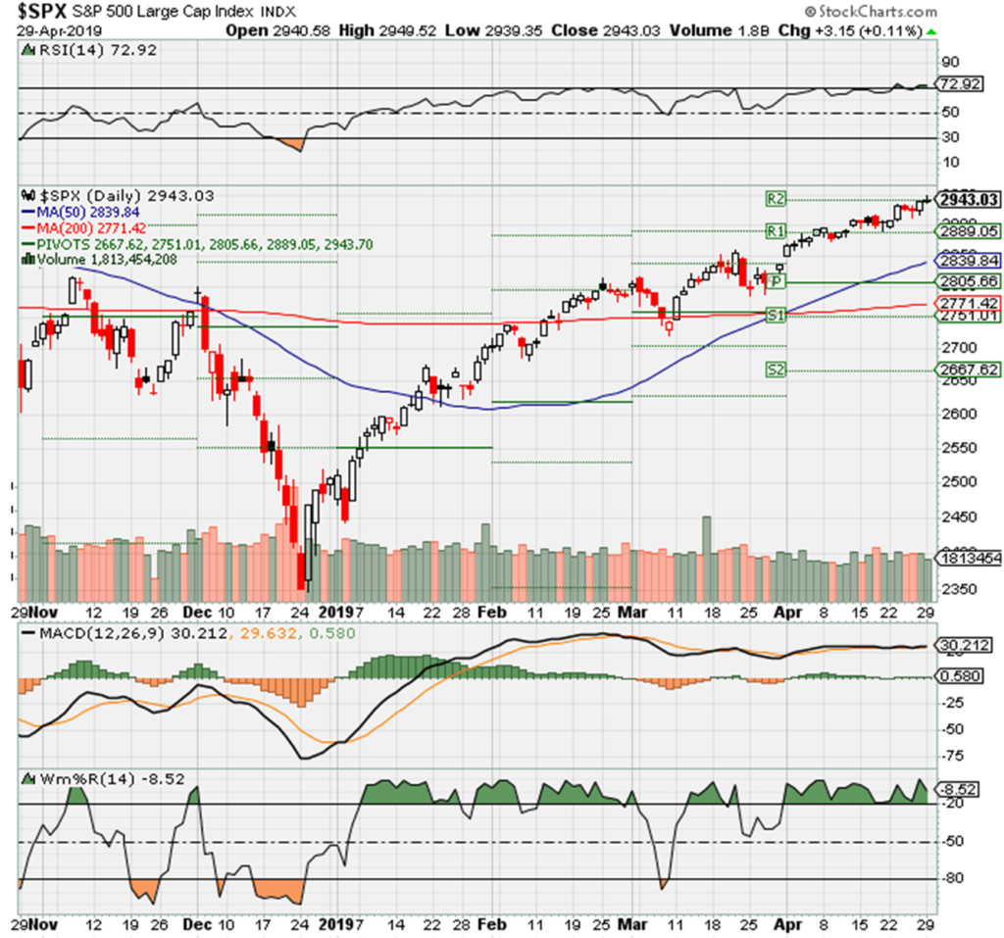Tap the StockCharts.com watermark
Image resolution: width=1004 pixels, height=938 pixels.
(867, 13)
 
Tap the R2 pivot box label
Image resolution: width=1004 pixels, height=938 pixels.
(775, 199)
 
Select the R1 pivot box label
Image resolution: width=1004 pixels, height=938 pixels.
(775, 231)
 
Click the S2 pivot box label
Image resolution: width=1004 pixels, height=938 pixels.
(775, 370)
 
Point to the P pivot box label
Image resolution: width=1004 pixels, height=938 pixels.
(775, 281)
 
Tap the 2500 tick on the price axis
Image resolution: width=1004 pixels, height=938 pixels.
(958, 481)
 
